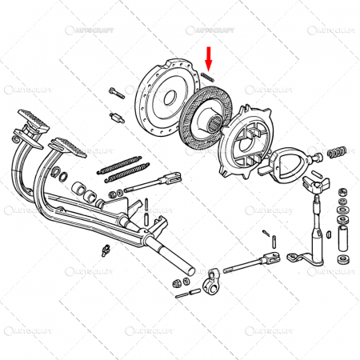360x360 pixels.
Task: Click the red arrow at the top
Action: pos(209,58)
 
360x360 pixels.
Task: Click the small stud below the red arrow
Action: pos(206,76)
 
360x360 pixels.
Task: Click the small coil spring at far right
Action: pos(337,151)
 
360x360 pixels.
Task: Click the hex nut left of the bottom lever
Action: pos(178,283)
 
